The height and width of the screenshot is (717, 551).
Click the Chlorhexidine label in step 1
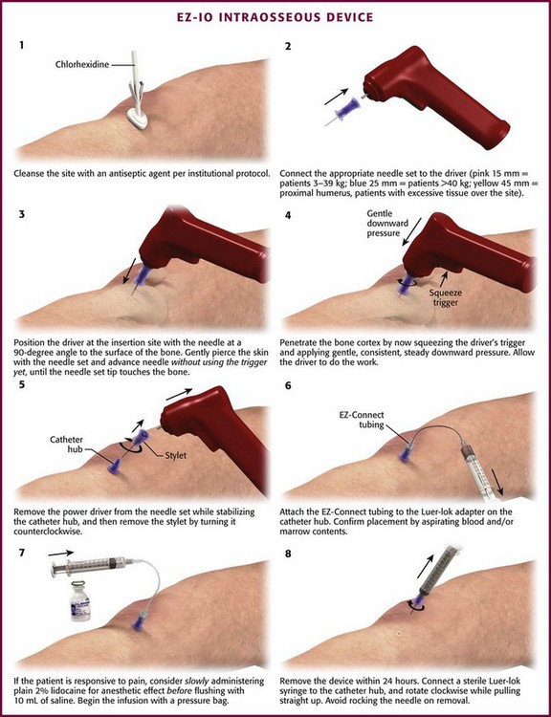click(x=82, y=64)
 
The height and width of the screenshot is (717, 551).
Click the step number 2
click(x=288, y=46)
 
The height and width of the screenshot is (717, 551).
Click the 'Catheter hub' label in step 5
click(x=67, y=445)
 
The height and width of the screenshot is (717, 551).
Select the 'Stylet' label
click(x=175, y=455)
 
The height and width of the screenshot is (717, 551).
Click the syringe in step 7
click(x=92, y=567)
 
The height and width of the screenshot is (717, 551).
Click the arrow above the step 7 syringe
click(x=60, y=553)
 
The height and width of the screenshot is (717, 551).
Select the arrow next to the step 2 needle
click(x=336, y=96)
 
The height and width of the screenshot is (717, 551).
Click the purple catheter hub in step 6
click(x=405, y=454)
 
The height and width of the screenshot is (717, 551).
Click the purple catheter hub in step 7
click(x=137, y=621)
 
